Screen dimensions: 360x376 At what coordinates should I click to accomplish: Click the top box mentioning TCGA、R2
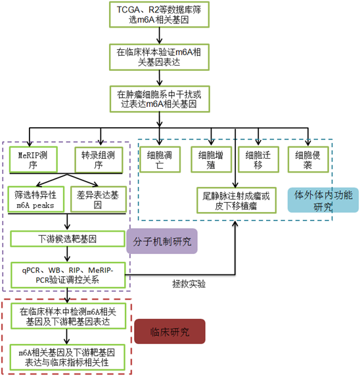[159, 14]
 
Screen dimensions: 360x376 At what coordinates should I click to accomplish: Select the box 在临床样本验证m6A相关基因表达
[159, 57]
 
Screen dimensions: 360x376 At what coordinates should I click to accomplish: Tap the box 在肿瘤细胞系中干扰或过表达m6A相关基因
[160, 99]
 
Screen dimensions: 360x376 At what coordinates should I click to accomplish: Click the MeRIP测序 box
[34, 159]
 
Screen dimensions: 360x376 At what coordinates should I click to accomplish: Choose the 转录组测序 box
[99, 159]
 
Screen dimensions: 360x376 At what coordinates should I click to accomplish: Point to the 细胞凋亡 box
[160, 159]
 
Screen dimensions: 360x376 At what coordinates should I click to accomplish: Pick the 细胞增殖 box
[211, 159]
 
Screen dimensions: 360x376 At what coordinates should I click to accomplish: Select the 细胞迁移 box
[258, 159]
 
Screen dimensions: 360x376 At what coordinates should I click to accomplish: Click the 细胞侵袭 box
[308, 159]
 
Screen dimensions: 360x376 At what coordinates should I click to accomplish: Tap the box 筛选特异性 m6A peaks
[36, 199]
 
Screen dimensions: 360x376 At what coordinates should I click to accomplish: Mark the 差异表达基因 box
[99, 199]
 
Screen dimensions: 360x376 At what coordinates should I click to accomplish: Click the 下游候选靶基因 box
[68, 239]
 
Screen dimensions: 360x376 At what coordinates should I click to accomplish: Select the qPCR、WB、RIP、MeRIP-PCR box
[68, 275]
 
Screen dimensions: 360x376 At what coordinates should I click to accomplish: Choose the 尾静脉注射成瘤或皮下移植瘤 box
[236, 201]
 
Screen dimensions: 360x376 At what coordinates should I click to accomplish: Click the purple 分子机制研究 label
[162, 241]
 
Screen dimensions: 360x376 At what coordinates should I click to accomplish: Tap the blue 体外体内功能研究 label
[323, 200]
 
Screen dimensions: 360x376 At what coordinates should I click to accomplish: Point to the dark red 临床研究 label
[169, 331]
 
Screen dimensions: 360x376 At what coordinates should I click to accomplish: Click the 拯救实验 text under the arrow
[189, 284]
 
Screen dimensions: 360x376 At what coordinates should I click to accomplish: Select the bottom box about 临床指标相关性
[67, 357]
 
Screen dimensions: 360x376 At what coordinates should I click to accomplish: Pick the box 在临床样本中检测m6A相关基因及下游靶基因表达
[68, 316]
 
